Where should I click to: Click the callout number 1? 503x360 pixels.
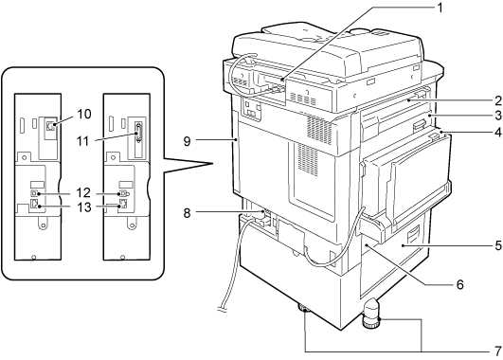tap(440, 8)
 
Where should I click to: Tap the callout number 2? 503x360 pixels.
tap(497, 100)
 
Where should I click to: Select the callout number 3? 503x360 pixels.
tap(497, 116)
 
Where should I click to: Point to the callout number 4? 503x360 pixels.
tap(497, 132)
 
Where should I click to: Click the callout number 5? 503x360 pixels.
tap(497, 245)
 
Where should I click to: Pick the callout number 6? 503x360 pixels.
tap(460, 284)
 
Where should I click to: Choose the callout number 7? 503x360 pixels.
tap(497, 351)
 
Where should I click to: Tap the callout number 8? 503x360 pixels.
tap(187, 213)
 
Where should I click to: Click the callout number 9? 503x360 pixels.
tap(187, 141)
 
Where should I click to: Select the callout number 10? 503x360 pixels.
tap(84, 114)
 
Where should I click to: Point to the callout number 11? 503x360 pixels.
tap(83, 141)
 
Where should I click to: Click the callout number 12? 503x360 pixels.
tap(83, 193)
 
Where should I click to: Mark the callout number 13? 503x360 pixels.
tap(83, 207)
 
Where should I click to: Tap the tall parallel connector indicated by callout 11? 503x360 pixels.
tap(138, 133)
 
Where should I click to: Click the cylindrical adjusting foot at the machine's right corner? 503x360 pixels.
tap(371, 314)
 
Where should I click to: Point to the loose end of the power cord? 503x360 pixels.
tap(222, 309)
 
